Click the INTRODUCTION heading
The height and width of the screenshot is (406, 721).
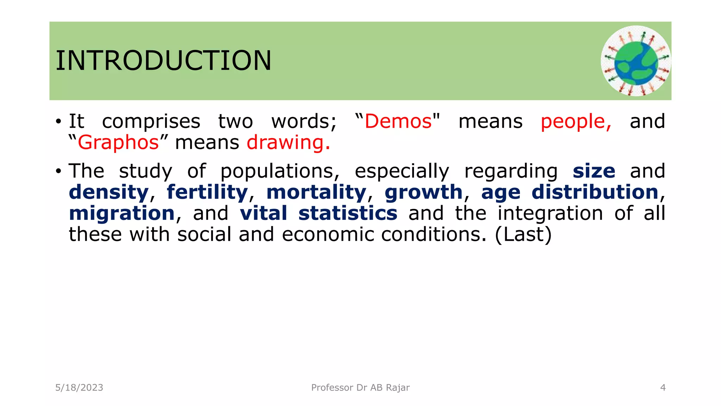coord(163,61)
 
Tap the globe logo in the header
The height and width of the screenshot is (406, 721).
coord(635,61)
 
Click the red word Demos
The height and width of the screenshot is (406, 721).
coord(398,122)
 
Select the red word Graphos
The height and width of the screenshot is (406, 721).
coord(118,143)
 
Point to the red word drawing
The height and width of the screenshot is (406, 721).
coord(288,143)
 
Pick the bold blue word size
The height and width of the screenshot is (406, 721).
coord(594,171)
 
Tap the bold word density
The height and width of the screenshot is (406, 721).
coord(108,192)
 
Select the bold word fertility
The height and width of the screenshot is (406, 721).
coord(207,192)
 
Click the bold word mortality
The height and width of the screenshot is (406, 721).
coord(316,192)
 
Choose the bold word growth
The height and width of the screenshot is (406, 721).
coord(423,192)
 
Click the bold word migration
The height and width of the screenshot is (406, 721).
coord(122,214)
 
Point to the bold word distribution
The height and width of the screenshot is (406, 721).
coord(595,192)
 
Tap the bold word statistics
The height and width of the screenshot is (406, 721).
coord(348,214)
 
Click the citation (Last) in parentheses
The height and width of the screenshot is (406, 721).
coord(523,235)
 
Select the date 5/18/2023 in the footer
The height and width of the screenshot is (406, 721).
coord(79,388)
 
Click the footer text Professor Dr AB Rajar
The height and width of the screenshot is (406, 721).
coord(360,388)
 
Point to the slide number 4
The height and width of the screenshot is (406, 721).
coord(663,388)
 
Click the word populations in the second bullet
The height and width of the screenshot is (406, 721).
coord(280,171)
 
